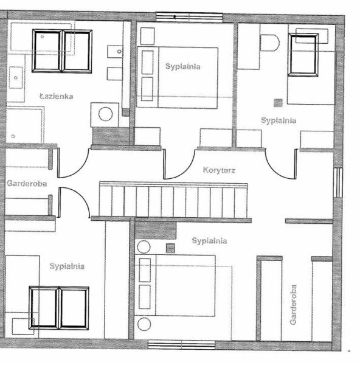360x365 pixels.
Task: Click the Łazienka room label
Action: point(57,96)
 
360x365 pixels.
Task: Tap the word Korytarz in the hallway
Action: point(219,170)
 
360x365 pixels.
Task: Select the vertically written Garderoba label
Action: point(294,304)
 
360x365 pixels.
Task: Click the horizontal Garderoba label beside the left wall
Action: point(27,184)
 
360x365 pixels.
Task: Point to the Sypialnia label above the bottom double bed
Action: point(209,241)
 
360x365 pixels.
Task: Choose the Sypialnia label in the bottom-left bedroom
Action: point(67,266)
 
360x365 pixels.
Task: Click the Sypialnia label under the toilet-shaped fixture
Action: point(279,120)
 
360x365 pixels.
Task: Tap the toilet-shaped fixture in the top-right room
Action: point(269,43)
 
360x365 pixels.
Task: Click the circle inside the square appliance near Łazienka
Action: point(106,114)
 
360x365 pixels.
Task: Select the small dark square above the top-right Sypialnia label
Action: point(278,103)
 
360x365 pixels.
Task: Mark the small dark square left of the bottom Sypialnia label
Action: point(171,248)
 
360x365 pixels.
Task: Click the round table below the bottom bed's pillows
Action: point(144,324)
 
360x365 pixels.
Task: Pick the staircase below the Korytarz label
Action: point(173,200)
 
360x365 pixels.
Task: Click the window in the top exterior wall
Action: point(189,17)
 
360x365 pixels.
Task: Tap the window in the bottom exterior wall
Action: point(181,345)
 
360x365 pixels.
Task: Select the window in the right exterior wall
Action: point(338,182)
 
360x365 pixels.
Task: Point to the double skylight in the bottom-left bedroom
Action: point(59,308)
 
